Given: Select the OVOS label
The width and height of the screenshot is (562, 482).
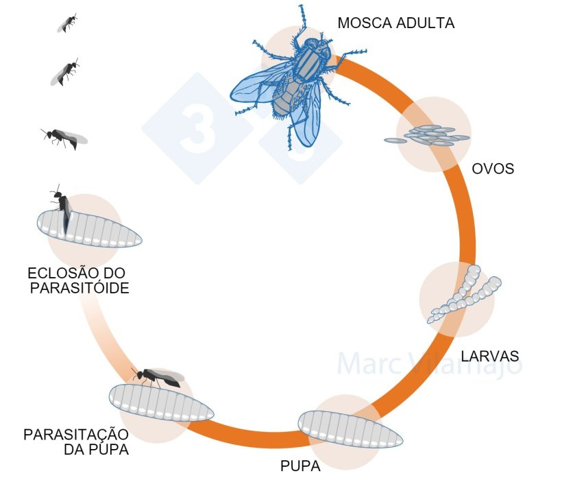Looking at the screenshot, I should tap(493, 169).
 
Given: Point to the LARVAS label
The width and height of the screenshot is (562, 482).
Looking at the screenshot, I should tap(490, 357).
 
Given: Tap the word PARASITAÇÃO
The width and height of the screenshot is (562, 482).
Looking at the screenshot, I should tap(76, 435).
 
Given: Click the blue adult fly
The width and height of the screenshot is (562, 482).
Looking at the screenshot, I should tap(291, 86).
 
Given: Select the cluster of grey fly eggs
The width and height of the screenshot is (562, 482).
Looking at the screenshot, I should tap(429, 136).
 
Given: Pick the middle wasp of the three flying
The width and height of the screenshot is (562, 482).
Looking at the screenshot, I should tap(66, 71).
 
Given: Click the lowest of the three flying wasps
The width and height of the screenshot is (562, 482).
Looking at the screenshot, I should tap(64, 137).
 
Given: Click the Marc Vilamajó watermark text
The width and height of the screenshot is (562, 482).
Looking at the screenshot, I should tap(429, 363).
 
